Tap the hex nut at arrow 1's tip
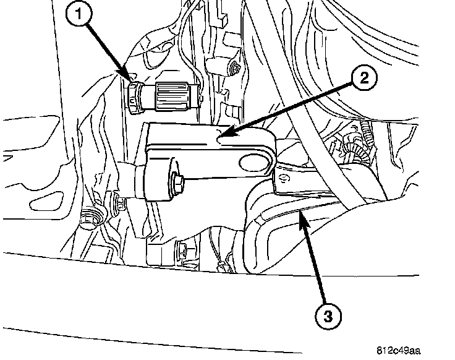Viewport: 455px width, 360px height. pos(134,94)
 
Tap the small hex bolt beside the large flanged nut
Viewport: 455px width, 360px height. pos(116,202)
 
